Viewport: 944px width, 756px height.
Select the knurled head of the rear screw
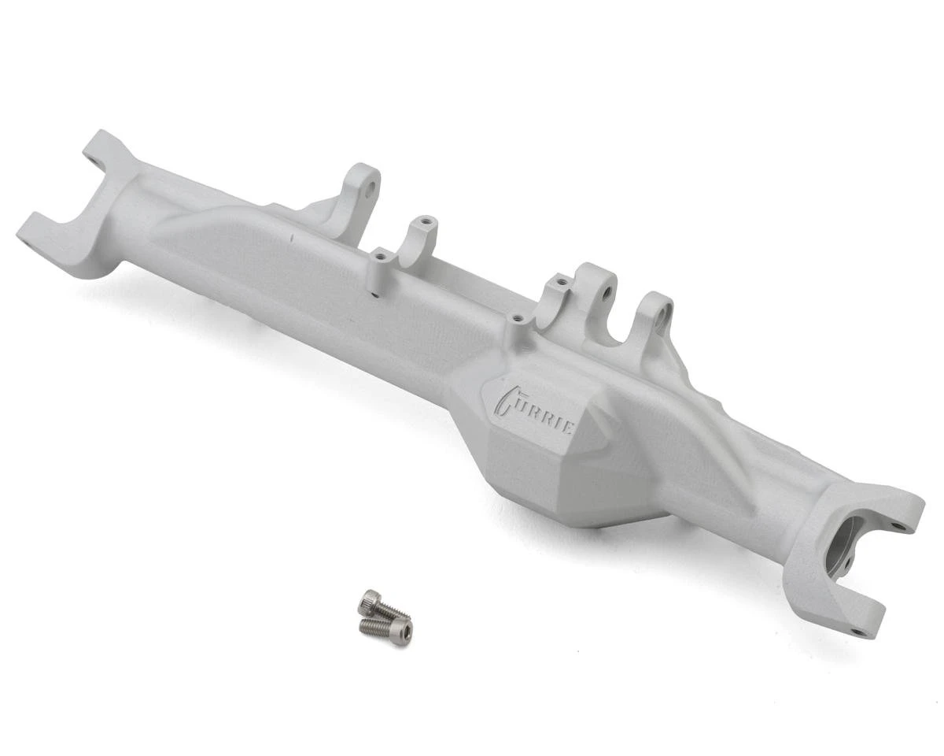(367, 602)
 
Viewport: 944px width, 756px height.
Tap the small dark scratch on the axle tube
(290, 235)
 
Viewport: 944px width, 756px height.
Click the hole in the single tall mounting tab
(366, 188)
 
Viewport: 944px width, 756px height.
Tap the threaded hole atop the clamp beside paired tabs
(560, 280)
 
